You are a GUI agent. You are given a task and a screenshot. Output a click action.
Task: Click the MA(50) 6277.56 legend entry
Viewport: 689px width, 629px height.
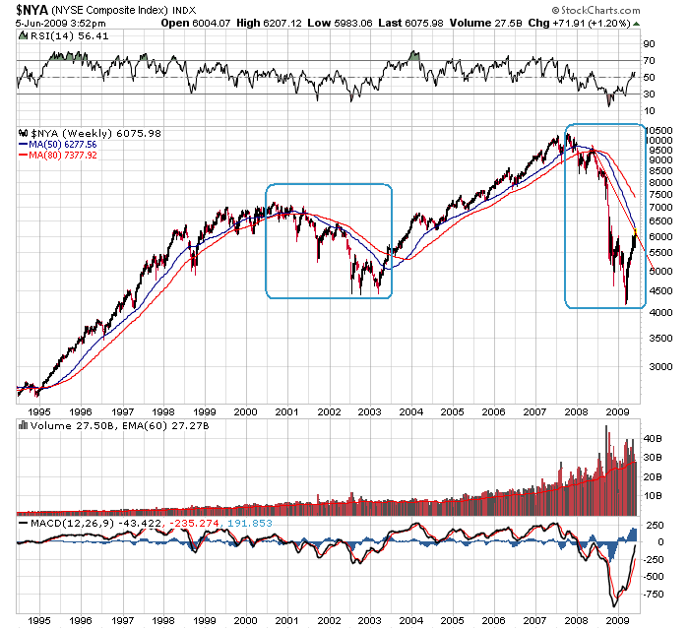click(70, 143)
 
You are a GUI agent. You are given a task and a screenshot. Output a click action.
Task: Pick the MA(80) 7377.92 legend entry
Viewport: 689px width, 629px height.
click(70, 155)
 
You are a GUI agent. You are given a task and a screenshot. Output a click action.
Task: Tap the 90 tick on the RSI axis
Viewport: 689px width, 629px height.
click(649, 43)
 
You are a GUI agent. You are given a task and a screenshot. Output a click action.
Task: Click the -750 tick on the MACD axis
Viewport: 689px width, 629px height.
click(655, 594)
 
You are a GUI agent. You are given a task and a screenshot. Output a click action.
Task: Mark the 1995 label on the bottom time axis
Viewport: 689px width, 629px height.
click(39, 621)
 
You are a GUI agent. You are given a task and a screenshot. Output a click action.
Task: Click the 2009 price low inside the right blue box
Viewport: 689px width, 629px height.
click(625, 304)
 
